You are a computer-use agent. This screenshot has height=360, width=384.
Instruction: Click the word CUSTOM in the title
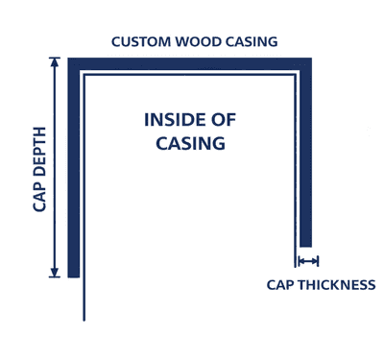point(140,42)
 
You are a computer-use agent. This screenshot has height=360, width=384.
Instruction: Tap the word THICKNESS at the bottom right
point(337,284)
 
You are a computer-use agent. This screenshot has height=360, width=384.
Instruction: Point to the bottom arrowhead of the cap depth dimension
point(55,273)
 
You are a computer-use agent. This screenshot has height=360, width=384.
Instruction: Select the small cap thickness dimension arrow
point(307,261)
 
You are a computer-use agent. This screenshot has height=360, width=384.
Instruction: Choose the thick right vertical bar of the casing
point(305,154)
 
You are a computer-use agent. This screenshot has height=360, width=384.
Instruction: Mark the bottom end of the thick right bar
point(305,246)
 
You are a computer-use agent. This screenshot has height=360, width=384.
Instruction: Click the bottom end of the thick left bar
point(73,276)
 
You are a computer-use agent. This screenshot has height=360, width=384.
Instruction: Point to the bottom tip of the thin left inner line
point(85,319)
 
